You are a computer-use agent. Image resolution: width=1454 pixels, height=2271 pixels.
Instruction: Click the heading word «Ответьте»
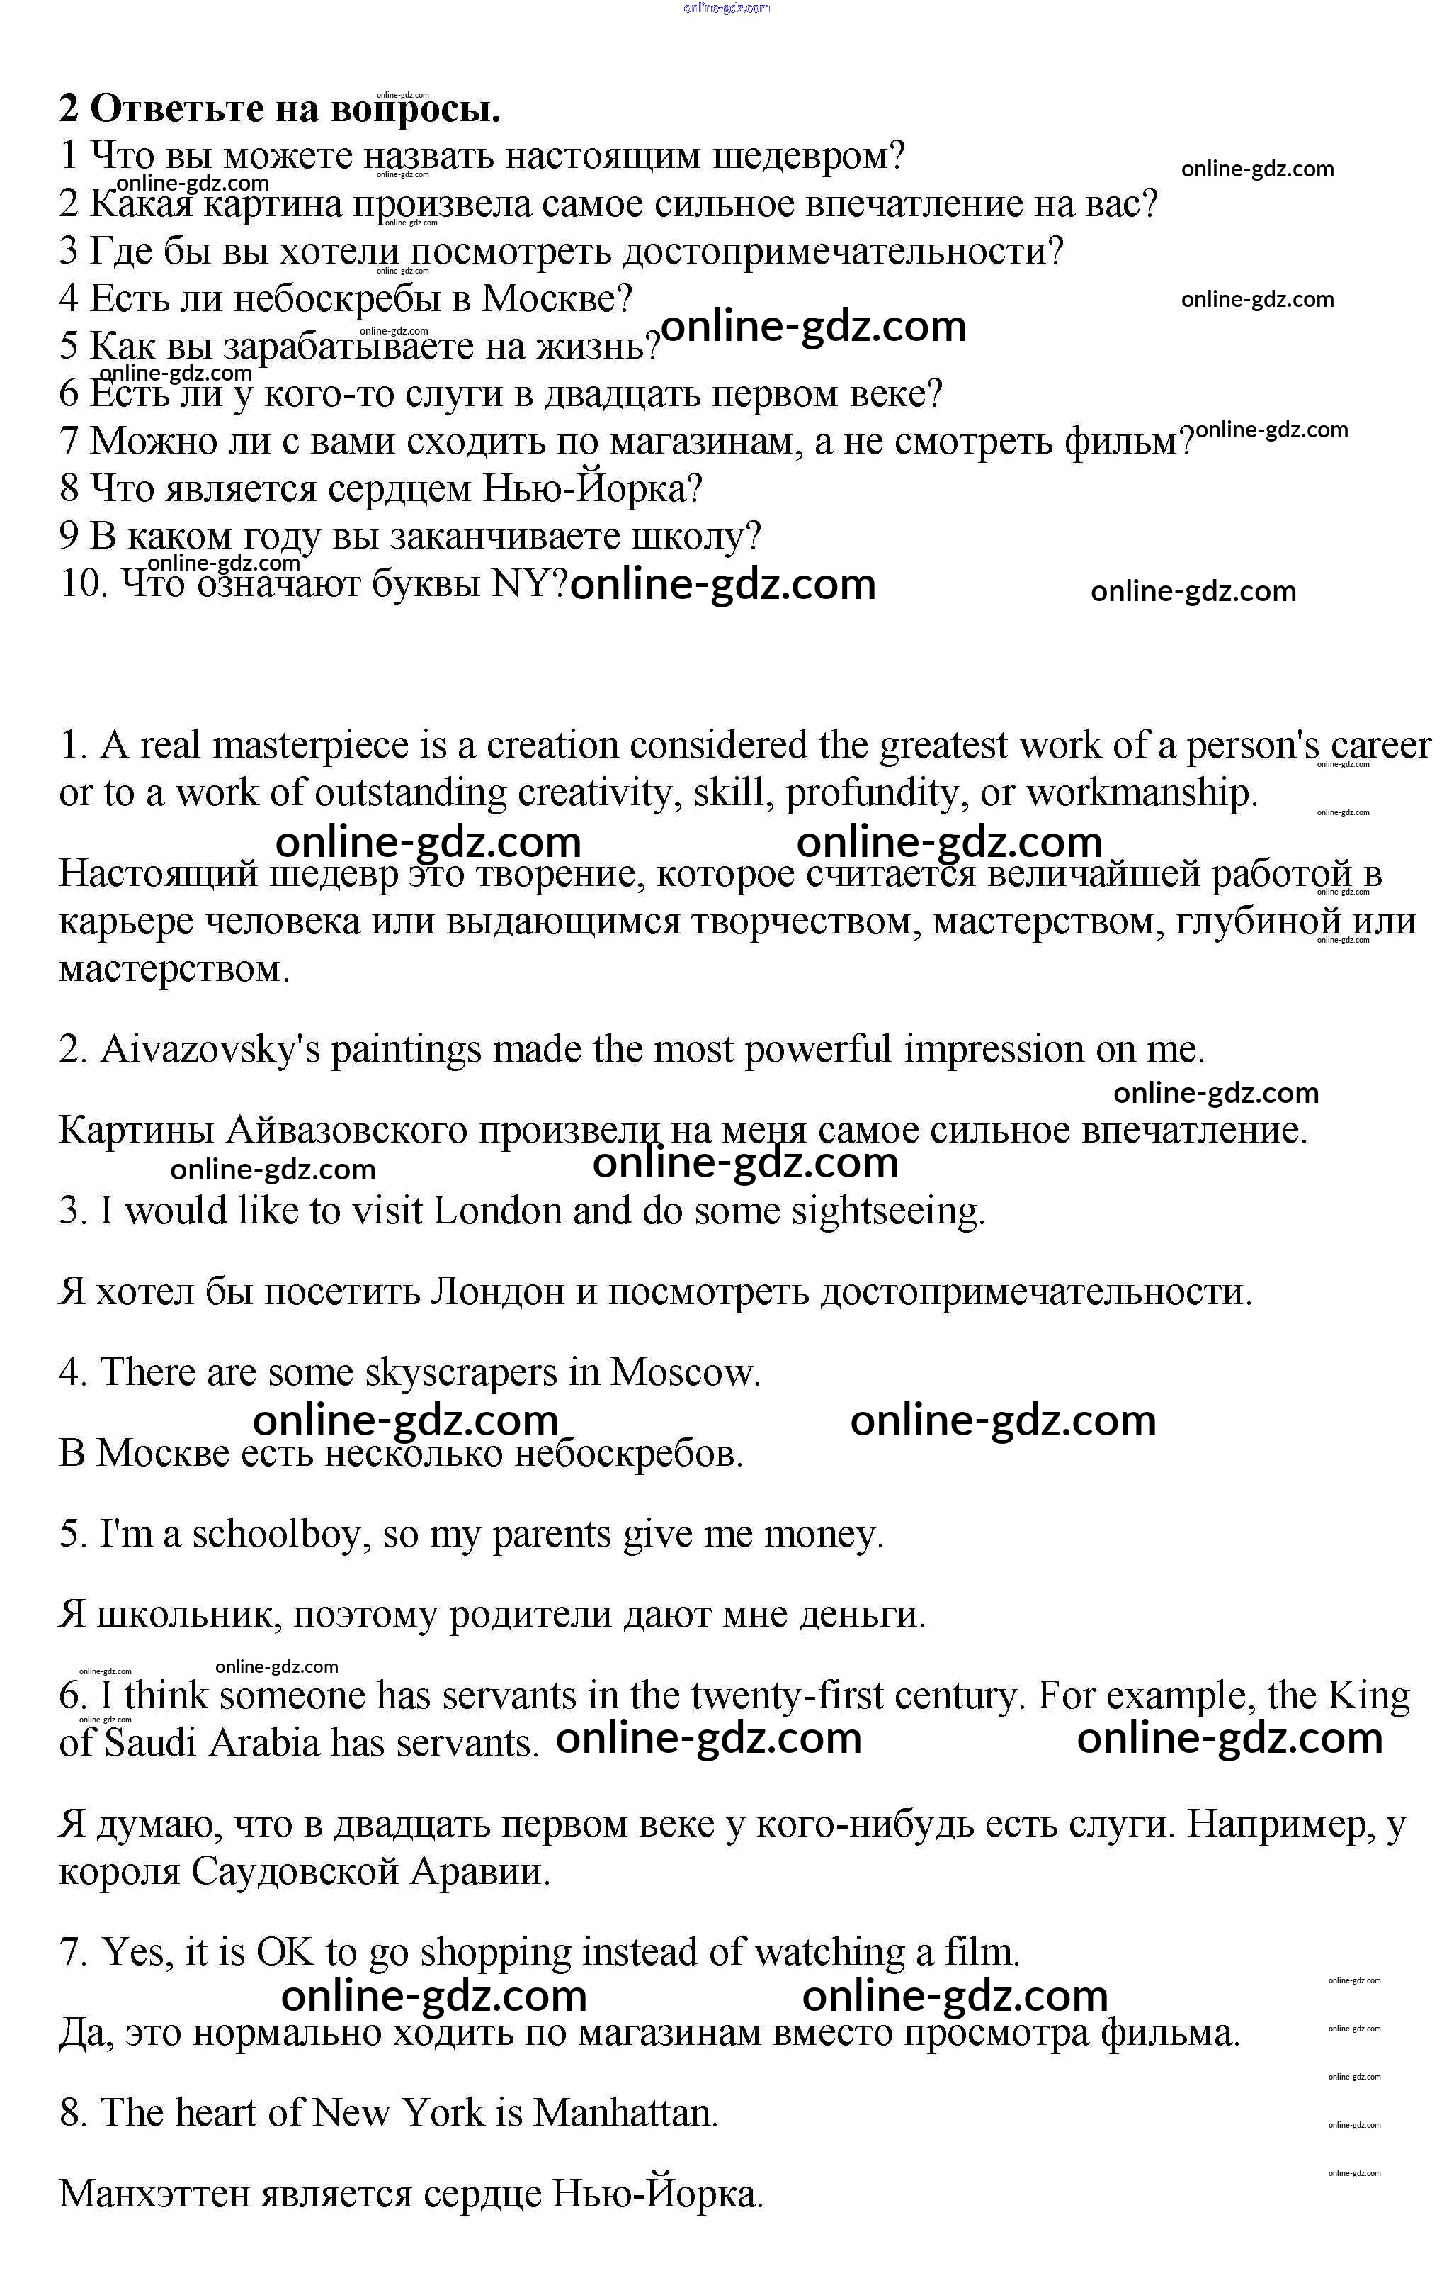[176, 111]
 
